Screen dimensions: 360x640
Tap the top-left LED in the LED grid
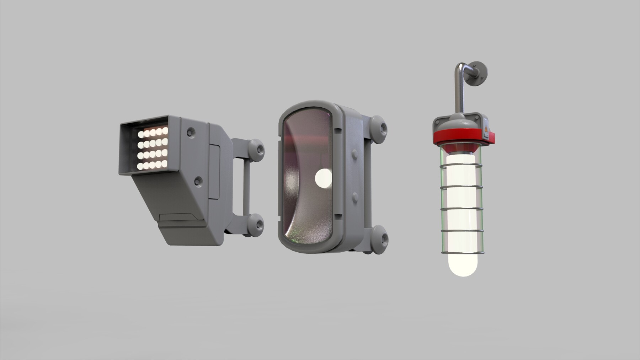[141, 134]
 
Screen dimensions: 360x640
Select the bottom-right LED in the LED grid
[165, 164]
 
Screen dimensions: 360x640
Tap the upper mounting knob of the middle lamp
[380, 127]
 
